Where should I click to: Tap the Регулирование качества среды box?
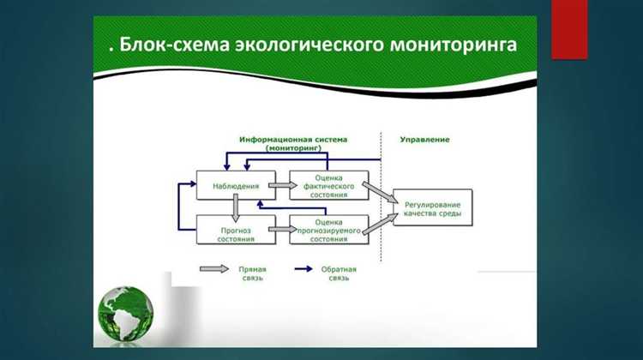432,207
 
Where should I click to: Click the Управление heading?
424,139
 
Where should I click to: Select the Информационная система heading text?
293,139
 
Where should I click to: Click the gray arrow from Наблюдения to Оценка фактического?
278,184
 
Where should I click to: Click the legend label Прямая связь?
253,273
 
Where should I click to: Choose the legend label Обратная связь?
341,273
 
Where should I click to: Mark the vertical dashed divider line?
382,197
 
